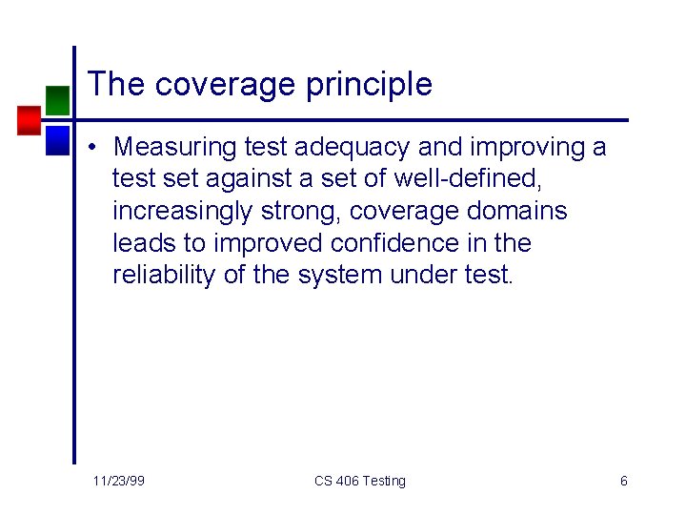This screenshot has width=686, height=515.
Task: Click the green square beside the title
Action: [x=58, y=99]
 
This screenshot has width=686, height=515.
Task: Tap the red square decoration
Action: [x=29, y=119]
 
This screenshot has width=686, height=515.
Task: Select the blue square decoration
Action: [x=58, y=139]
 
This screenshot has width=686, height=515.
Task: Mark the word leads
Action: [x=140, y=243]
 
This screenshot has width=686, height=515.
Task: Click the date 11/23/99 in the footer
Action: [x=119, y=481]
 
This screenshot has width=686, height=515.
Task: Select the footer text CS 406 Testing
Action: [x=359, y=481]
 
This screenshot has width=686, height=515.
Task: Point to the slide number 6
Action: [x=623, y=481]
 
